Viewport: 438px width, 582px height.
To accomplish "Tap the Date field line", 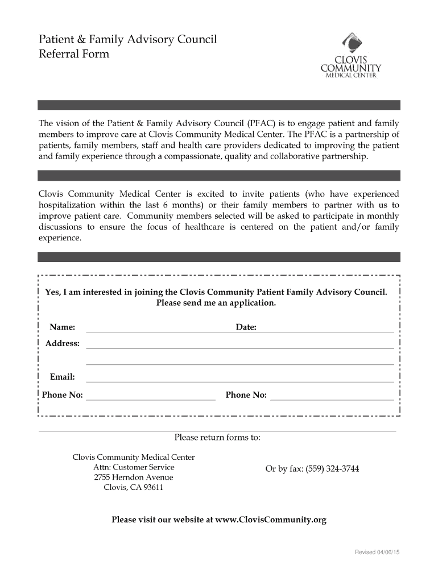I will tap(327, 331).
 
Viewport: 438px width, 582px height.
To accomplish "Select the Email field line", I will tap(239, 381).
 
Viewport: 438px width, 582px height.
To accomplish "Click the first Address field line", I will tap(239, 347).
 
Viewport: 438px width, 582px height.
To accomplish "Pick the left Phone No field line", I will tap(150, 399).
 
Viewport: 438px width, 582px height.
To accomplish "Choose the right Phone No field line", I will tap(332, 399).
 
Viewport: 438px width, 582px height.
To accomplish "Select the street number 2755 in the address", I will tap(102, 477).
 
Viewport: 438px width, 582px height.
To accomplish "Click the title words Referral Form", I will tap(73, 55).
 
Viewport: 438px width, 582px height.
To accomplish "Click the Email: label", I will tap(63, 377).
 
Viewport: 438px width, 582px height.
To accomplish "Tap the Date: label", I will tap(246, 327).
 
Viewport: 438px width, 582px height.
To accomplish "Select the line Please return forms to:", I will tap(217, 438).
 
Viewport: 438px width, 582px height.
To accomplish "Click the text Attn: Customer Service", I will tap(134, 467).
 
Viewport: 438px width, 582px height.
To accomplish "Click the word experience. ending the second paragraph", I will tap(60, 239).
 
